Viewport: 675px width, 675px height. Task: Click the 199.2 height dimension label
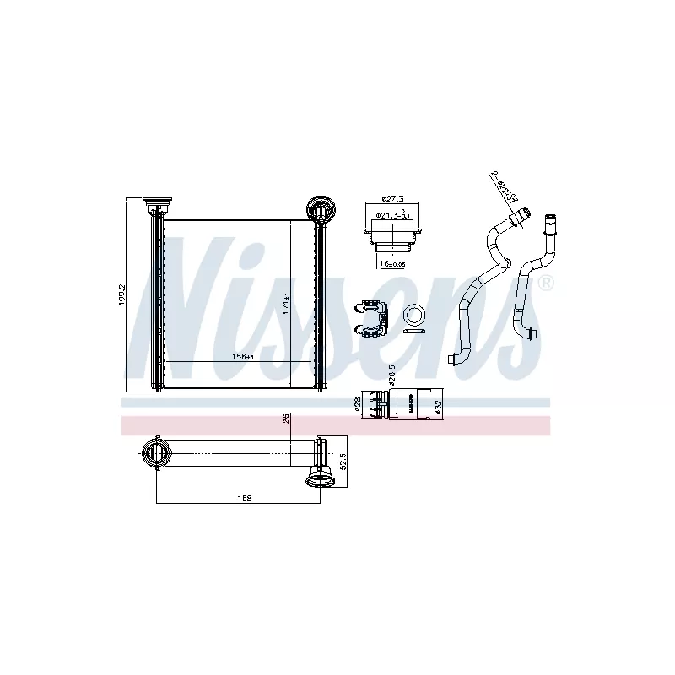point(121,294)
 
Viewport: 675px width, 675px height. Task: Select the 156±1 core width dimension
point(243,357)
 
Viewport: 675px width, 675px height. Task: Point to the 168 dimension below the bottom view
point(245,498)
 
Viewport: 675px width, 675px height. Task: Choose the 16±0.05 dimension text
point(392,264)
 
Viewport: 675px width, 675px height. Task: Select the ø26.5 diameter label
point(392,376)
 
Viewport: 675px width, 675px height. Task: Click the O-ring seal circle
point(415,316)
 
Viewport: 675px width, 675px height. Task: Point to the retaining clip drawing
point(369,316)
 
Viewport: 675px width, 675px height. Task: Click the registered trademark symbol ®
point(546,283)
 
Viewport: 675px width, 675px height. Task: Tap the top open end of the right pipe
point(553,216)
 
